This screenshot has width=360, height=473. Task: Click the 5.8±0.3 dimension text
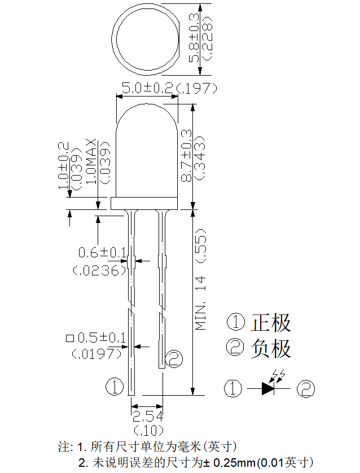point(194,38)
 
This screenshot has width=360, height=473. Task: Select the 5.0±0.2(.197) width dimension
point(169,88)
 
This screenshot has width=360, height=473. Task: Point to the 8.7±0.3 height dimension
point(186,155)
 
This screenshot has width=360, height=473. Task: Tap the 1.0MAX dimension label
point(91,161)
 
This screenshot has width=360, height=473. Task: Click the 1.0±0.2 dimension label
point(63,165)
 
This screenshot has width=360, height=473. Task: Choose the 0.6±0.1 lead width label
point(102,252)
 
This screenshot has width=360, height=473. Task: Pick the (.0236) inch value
point(99,270)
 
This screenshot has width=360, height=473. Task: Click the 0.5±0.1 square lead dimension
point(102,338)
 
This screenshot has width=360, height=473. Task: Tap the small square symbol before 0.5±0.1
point(69,339)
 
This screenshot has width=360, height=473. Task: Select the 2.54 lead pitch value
point(147,417)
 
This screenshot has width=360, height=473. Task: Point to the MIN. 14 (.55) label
point(200,279)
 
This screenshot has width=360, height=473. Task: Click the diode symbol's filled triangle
point(267,388)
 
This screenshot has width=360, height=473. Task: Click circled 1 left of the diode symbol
point(233,388)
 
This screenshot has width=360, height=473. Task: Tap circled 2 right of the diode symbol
point(306,388)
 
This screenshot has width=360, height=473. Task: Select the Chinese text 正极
point(271,323)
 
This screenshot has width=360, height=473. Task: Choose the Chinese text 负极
point(271,348)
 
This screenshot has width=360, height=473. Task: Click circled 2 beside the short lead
point(174,358)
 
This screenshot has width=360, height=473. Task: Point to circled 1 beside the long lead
point(115,387)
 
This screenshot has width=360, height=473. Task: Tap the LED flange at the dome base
point(144,203)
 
